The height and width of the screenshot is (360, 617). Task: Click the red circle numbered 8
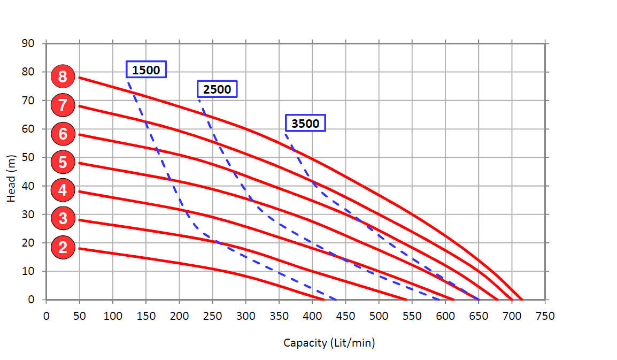click(63, 76)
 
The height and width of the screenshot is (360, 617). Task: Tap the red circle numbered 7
click(63, 105)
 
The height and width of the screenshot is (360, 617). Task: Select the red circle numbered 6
click(63, 133)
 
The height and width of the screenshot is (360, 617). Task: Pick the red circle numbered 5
click(63, 162)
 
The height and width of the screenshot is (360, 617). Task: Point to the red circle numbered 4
click(63, 190)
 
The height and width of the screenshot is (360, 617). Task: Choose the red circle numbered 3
click(63, 218)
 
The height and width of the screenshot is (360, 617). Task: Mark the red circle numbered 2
click(63, 247)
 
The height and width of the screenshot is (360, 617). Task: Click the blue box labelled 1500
click(146, 70)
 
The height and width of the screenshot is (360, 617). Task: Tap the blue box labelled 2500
click(217, 89)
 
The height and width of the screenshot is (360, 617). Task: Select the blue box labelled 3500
click(305, 124)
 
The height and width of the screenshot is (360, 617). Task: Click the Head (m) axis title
click(12, 178)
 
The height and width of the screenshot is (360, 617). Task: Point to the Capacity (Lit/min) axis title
click(329, 343)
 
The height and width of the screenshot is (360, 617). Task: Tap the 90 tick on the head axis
click(28, 43)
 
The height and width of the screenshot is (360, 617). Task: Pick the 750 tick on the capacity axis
click(545, 316)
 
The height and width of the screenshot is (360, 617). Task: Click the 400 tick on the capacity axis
click(312, 316)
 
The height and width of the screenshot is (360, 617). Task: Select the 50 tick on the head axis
click(28, 157)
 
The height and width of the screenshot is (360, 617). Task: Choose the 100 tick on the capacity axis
click(113, 316)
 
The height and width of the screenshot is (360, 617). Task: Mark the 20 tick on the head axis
click(28, 243)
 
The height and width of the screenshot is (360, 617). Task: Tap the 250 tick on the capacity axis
click(212, 316)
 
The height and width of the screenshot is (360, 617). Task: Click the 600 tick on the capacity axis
click(445, 316)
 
